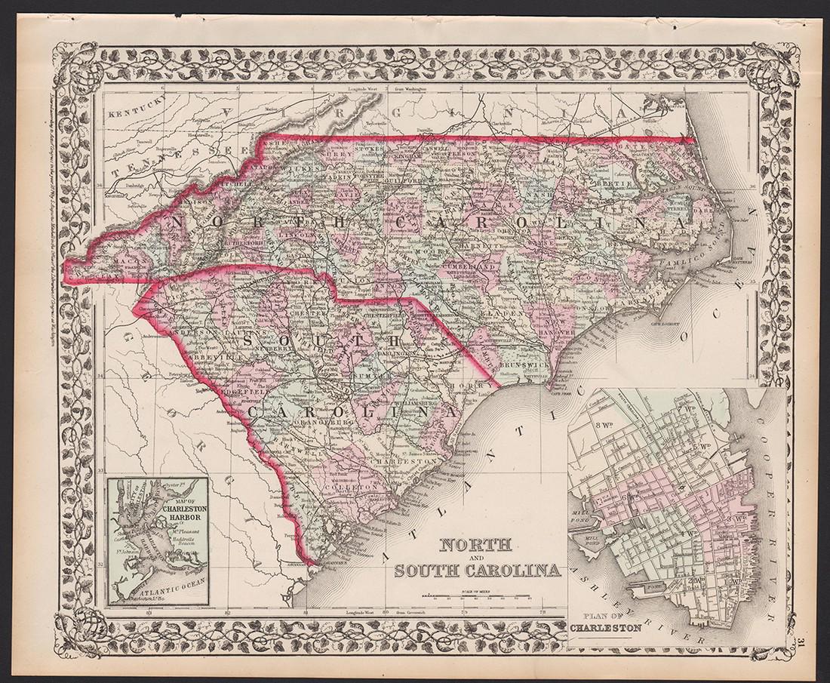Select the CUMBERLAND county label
click(471, 266)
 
